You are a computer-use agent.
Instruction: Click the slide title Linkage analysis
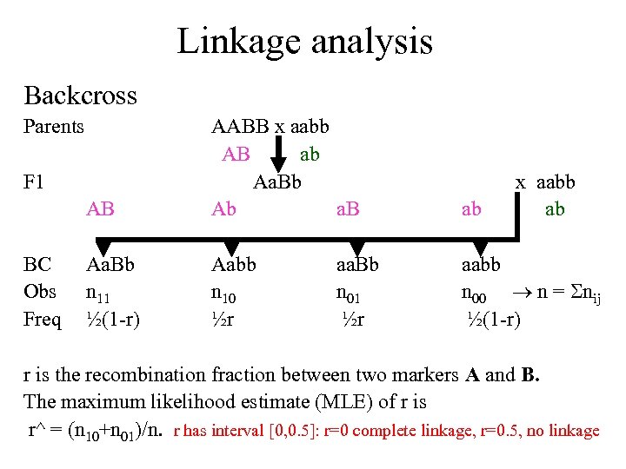pyautogui.click(x=304, y=41)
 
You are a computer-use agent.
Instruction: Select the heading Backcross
pyautogui.click(x=80, y=95)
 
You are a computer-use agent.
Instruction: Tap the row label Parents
pyautogui.click(x=54, y=127)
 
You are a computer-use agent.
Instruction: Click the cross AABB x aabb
pyautogui.click(x=270, y=127)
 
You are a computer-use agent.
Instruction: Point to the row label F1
pyautogui.click(x=35, y=183)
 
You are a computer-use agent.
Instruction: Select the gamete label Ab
pyautogui.click(x=223, y=209)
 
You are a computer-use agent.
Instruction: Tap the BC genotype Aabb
pyautogui.click(x=234, y=264)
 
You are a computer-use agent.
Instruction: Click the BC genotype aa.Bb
pyautogui.click(x=357, y=264)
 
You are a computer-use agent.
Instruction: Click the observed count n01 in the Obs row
pyautogui.click(x=353, y=293)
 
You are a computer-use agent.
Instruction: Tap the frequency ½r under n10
pyautogui.click(x=224, y=319)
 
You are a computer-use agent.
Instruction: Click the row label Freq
pyautogui.click(x=42, y=319)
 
